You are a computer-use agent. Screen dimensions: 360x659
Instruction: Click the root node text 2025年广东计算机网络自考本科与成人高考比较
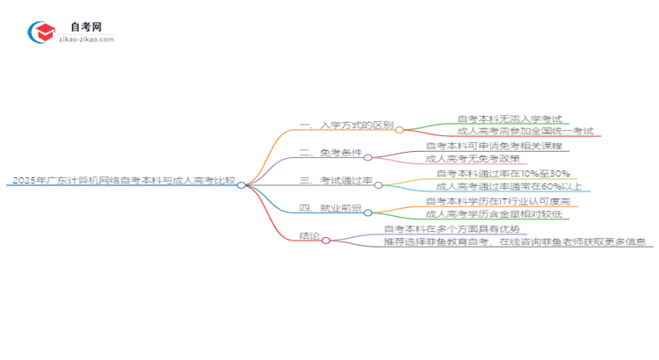point(124,182)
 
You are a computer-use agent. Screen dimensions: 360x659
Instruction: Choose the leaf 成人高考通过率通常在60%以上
point(508,186)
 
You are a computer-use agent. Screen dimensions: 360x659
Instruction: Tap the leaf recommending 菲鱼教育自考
point(517,241)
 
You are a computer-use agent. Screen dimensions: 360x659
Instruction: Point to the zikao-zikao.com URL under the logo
point(84,40)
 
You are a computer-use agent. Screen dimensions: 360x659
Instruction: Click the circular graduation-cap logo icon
point(40,32)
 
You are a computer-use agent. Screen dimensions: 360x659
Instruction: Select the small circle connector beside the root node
point(242,185)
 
